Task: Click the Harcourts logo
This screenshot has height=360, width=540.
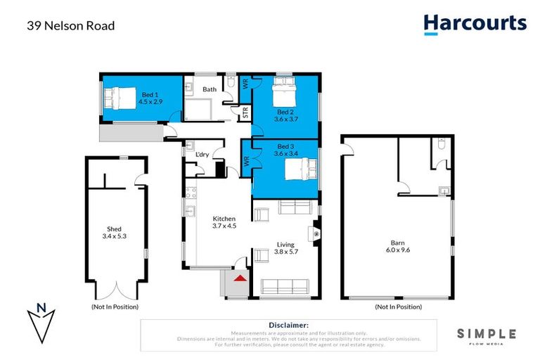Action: point(475,23)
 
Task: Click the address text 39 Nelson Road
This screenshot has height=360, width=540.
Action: point(70,26)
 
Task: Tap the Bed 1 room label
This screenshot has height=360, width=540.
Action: point(150,98)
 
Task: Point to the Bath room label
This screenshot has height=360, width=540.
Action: point(210,89)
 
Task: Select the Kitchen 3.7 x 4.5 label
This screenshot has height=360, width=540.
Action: point(225,222)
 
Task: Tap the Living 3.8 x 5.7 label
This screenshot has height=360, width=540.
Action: point(285,248)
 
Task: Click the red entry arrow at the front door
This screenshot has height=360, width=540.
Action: point(240,279)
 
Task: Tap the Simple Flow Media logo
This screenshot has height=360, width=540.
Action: point(487,335)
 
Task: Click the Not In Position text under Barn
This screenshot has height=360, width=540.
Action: point(398,307)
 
